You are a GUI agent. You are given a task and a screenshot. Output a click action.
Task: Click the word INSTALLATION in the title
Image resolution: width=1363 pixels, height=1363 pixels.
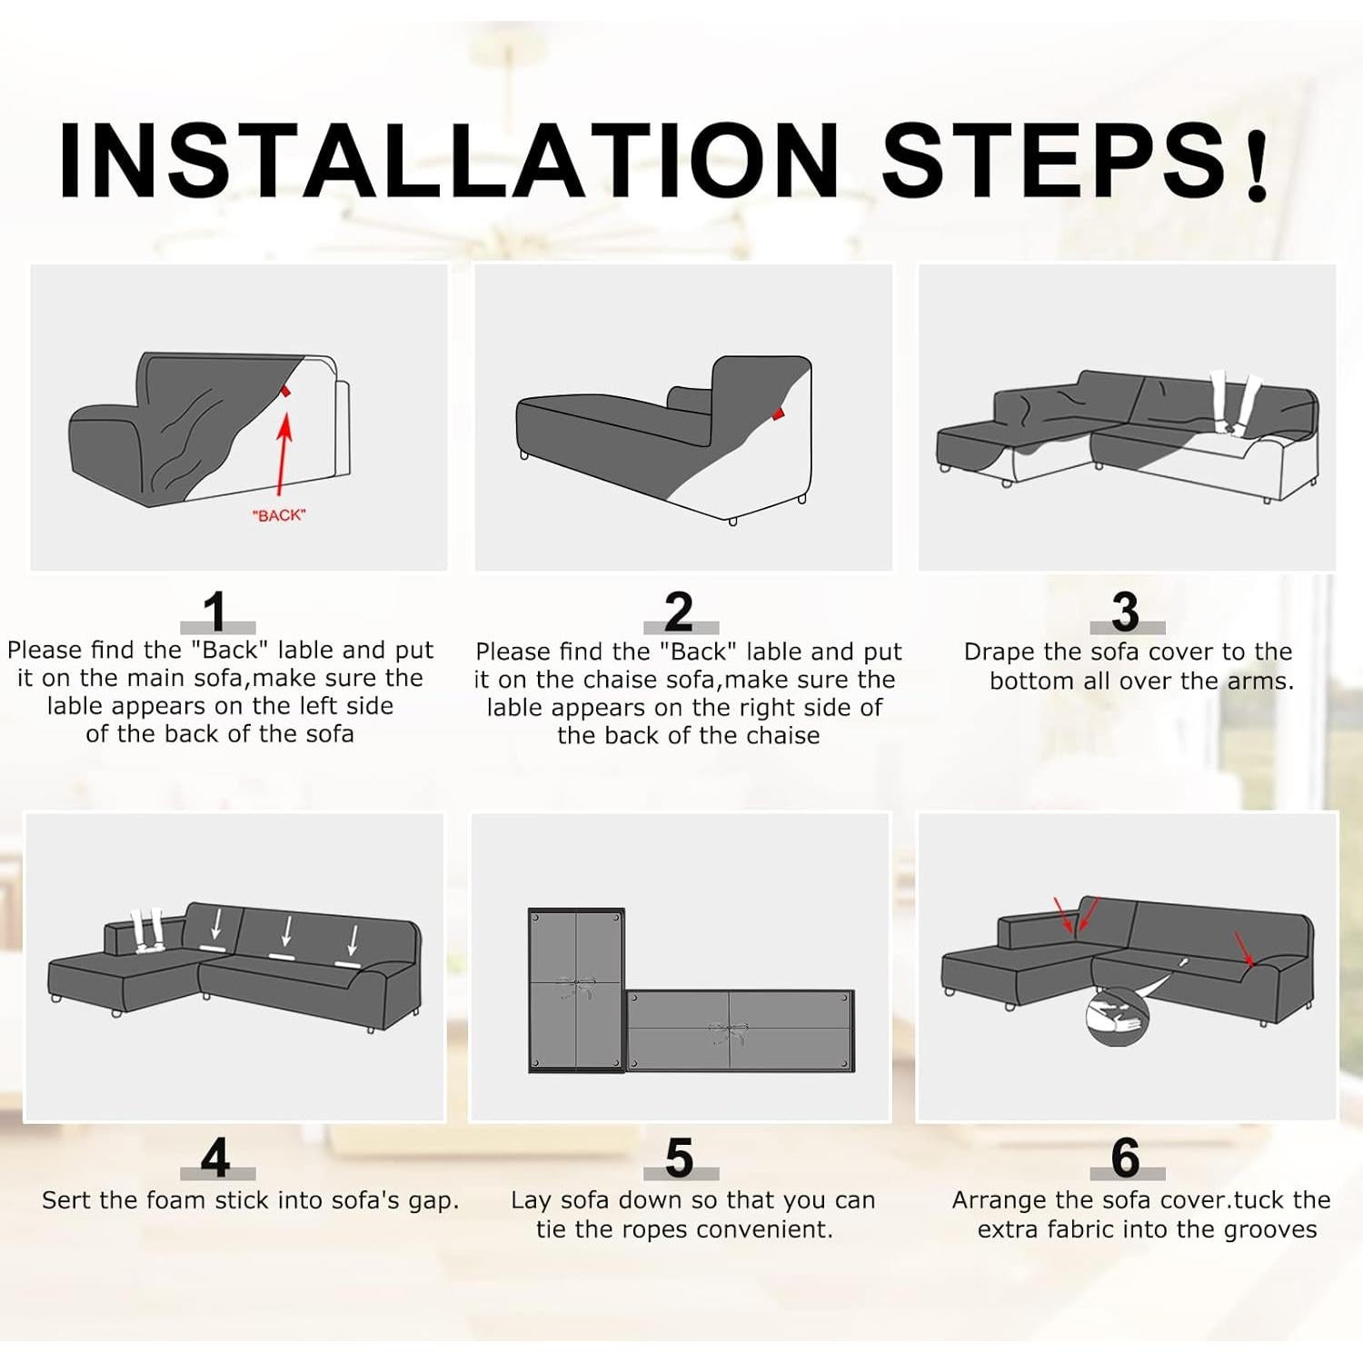tap(448, 159)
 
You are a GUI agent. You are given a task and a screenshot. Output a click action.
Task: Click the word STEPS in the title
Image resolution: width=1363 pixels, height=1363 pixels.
tap(1055, 159)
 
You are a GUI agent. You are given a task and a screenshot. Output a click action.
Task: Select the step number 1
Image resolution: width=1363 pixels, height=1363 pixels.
tap(216, 611)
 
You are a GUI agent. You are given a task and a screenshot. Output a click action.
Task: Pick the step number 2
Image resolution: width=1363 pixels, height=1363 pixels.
tap(679, 611)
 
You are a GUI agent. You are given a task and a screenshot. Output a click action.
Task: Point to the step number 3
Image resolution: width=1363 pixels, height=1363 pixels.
tap(1125, 611)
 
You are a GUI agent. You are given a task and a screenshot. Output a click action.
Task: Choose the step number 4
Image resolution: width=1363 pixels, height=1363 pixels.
tap(216, 1158)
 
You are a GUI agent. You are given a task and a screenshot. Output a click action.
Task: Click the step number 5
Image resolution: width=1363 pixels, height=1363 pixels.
tap(679, 1159)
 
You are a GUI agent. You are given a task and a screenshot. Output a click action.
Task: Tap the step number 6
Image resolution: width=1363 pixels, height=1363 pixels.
tap(1126, 1158)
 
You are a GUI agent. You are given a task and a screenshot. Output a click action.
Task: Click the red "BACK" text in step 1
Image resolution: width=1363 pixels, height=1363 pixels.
tap(279, 515)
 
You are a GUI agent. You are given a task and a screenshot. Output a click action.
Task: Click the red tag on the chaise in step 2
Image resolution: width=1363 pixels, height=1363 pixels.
tap(778, 413)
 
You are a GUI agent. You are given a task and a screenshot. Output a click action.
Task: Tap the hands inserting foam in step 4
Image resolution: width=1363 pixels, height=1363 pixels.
tap(147, 930)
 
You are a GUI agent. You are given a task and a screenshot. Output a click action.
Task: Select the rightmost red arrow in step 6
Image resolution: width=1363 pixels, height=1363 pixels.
tap(1244, 949)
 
